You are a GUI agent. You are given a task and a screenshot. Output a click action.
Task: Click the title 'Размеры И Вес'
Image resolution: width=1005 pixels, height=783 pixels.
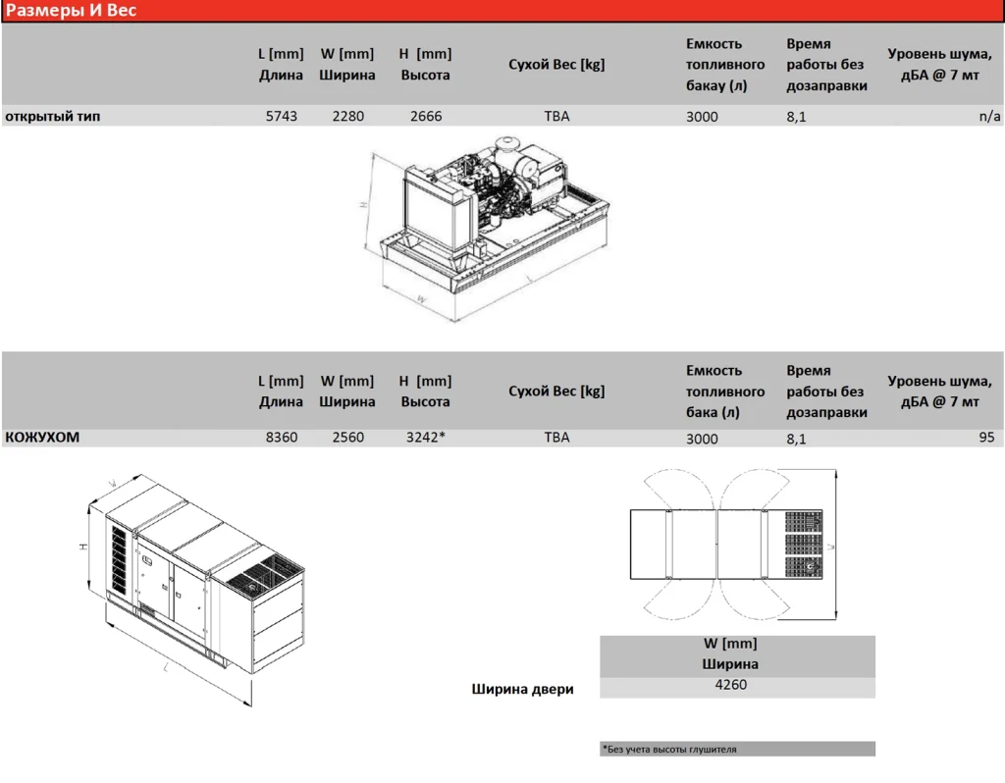pos(71,10)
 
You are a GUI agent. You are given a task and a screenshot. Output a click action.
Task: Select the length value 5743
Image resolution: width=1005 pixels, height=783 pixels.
pos(282,116)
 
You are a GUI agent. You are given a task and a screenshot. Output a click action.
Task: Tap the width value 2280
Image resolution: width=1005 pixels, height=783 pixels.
pos(348,116)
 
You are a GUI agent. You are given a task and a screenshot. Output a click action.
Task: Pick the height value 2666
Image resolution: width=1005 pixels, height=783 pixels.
pos(426,116)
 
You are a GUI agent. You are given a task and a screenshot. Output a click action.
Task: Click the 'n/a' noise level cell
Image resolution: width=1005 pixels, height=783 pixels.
pos(989,116)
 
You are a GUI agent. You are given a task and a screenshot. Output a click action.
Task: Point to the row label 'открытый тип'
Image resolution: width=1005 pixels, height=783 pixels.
pos(53,116)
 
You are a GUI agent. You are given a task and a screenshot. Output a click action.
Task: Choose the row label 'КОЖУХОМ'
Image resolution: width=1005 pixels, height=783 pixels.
pos(42,437)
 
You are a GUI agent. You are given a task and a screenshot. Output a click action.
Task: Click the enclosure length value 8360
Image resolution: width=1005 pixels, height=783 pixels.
pos(282,437)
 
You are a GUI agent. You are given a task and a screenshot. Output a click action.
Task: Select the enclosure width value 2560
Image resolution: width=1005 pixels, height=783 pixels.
pos(348,437)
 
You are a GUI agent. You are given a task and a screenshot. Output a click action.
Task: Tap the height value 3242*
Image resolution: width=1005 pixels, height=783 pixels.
pos(426,437)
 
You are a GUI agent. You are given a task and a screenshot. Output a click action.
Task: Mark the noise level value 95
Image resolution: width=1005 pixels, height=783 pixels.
pos(986,437)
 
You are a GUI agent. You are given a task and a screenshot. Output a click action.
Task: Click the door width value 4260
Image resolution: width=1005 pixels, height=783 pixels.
pos(730,684)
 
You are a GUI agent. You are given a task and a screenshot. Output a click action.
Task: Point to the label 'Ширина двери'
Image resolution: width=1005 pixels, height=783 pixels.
pos(522,689)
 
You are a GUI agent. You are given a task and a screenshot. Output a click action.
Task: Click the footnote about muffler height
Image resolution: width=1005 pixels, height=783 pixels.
pos(669,749)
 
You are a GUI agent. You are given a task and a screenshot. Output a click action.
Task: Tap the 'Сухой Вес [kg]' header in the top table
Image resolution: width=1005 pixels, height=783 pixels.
pos(556,64)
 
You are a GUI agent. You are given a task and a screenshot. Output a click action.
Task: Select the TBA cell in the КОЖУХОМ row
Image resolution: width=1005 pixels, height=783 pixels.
pos(556,437)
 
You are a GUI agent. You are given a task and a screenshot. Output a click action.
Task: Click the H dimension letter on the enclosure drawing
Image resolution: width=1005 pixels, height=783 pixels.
pos(83,547)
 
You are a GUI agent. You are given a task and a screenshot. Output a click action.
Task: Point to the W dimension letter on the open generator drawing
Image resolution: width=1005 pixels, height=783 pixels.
pos(421,299)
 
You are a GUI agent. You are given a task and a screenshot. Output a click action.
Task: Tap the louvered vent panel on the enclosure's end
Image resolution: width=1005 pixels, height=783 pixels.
pos(120,559)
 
